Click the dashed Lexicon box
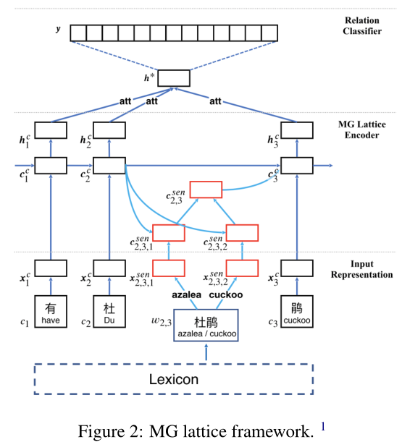tap(174, 379)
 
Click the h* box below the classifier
tap(173, 78)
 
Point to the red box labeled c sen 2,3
tap(206, 190)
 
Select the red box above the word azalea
tap(169, 268)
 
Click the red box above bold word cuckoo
tap(242, 268)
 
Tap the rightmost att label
tap(215, 102)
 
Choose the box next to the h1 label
tap(50, 130)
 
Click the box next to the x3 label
tap(296, 268)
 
